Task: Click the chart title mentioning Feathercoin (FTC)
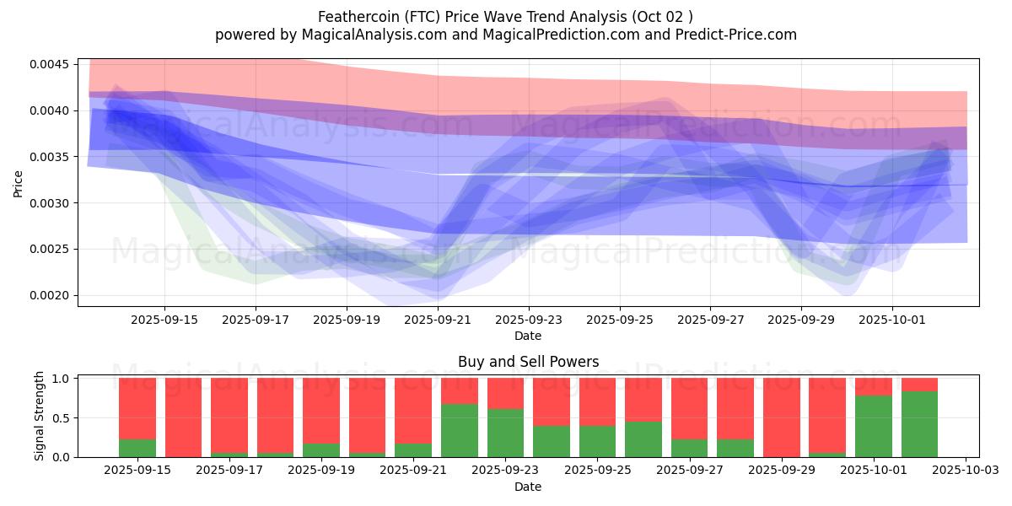pos(506,17)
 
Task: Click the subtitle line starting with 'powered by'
pos(506,35)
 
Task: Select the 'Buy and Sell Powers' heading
pos(528,362)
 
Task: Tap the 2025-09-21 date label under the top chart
pos(438,320)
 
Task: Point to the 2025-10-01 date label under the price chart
pos(892,320)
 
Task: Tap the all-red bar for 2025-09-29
pos(782,417)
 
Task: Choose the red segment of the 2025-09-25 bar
pos(597,401)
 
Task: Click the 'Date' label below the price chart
pos(528,336)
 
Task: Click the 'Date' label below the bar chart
pos(528,487)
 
